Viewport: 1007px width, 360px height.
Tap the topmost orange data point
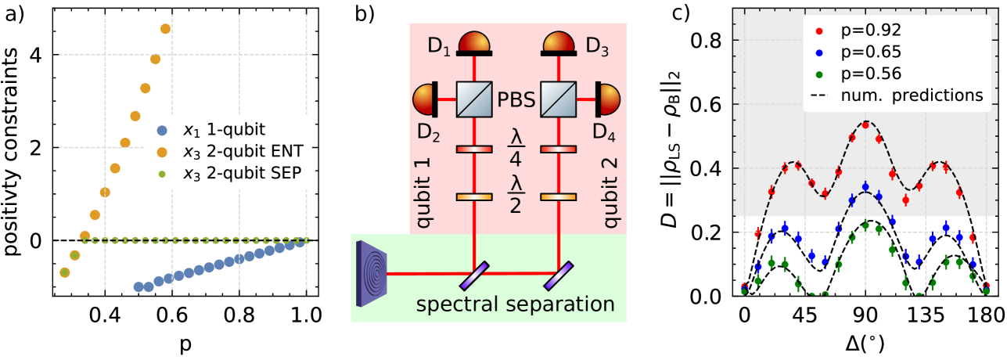tap(165, 29)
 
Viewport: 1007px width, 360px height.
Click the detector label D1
tap(439, 45)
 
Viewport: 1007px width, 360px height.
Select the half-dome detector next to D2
tap(425, 99)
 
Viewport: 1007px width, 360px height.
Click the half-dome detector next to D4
tap(608, 99)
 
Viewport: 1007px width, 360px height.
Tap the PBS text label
tap(516, 100)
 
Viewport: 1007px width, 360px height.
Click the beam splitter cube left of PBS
tap(475, 99)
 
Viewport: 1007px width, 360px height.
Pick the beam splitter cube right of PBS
tap(559, 99)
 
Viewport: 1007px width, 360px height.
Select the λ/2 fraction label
tap(516, 195)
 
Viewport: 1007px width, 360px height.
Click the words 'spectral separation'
tap(515, 304)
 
